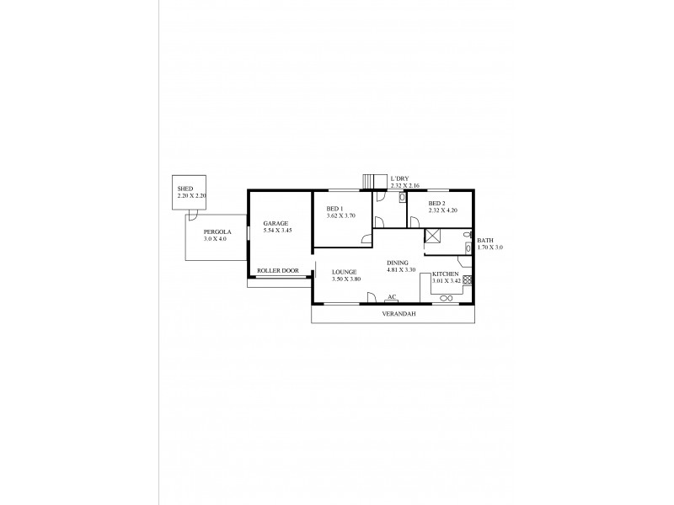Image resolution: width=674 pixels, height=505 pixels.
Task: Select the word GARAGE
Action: click(x=276, y=223)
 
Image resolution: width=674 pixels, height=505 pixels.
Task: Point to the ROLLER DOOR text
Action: click(x=278, y=271)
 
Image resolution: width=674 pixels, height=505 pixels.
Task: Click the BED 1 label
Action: click(x=335, y=209)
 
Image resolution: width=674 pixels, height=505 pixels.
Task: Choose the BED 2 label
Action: click(x=436, y=204)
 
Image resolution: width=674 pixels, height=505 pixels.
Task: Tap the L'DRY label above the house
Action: click(x=399, y=178)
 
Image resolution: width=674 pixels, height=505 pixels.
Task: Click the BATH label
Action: click(x=485, y=241)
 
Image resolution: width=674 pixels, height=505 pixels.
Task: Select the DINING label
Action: click(x=398, y=262)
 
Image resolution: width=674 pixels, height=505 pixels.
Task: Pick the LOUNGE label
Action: click(x=344, y=272)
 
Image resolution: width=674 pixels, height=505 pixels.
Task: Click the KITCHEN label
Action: click(x=446, y=275)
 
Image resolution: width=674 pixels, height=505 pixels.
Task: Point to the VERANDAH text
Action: click(x=393, y=313)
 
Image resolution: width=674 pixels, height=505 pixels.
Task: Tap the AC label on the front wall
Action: click(x=392, y=296)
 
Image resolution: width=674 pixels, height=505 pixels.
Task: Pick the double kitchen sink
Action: click(x=447, y=298)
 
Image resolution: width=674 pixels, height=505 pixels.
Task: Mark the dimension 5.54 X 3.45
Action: click(x=276, y=230)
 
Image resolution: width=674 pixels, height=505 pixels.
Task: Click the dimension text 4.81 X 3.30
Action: click(x=402, y=269)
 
